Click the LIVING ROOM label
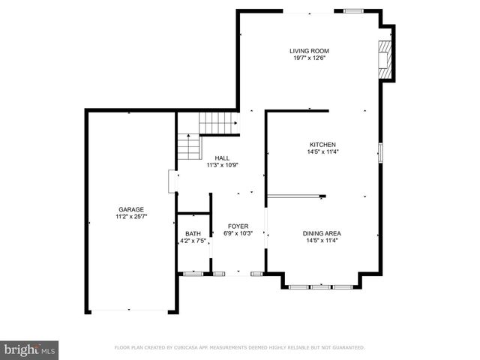click(309, 51)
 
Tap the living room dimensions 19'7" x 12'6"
click(309, 58)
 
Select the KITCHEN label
click(322, 145)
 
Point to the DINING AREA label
click(322, 233)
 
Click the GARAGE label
click(130, 210)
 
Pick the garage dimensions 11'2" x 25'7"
click(130, 217)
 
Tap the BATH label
click(193, 234)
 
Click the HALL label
click(222, 157)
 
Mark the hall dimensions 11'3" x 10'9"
click(222, 164)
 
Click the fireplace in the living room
click(385, 57)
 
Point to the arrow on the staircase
click(234, 124)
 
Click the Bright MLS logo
click(30, 349)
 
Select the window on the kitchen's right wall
click(380, 151)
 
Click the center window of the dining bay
click(320, 286)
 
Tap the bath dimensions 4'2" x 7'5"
click(193, 241)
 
